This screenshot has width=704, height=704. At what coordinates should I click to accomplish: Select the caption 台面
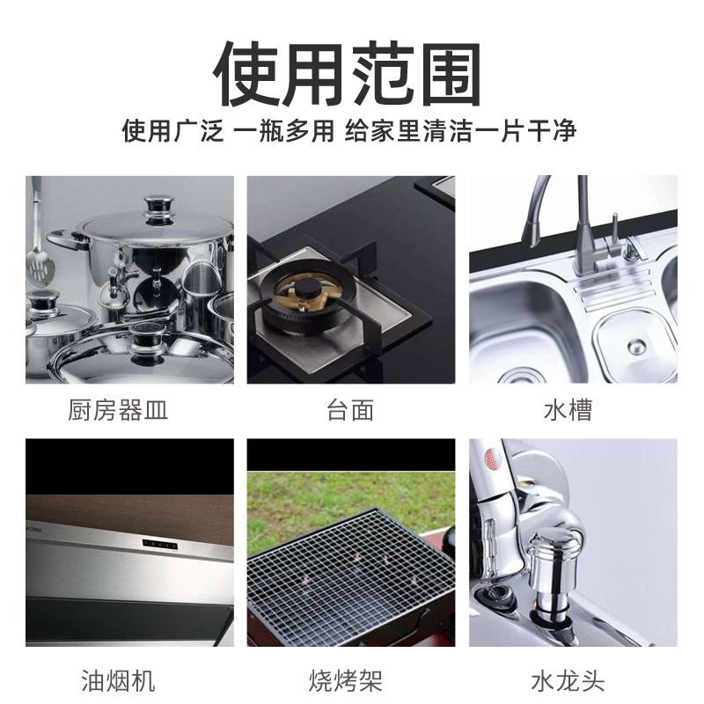[350, 410]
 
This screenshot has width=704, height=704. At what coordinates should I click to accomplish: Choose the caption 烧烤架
[350, 679]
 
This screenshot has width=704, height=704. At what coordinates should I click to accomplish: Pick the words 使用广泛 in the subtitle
[172, 132]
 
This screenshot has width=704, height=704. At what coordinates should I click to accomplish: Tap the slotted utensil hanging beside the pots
[37, 246]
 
